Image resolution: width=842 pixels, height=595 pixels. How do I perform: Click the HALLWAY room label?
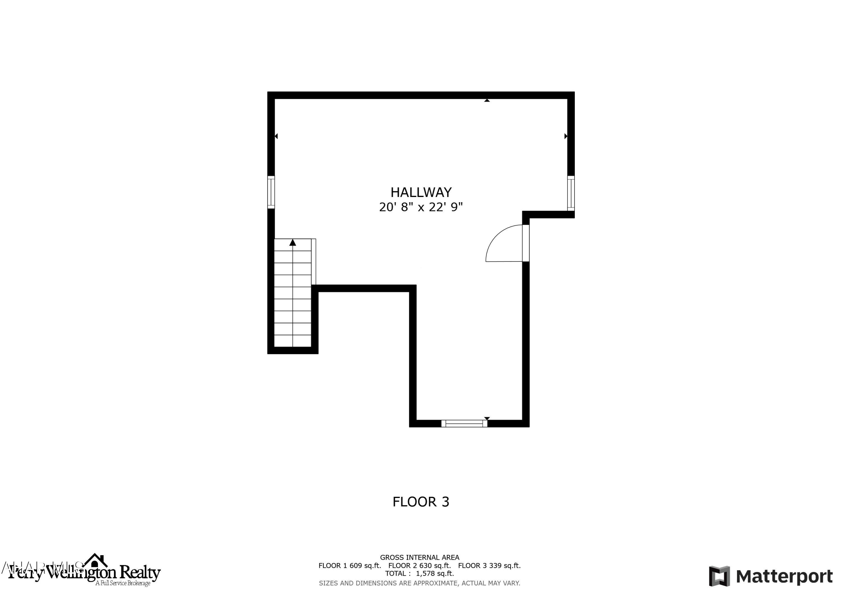421,192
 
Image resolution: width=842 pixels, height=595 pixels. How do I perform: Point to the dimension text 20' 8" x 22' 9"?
421,208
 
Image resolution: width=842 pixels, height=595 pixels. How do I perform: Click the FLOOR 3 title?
421,502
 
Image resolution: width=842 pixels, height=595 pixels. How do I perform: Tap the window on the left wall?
271,192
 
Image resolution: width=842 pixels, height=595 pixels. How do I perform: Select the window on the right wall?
571,193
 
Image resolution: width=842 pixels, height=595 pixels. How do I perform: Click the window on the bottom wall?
464,423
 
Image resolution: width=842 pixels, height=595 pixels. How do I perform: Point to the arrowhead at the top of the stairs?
293,243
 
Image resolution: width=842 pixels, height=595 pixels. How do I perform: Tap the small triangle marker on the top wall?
487,100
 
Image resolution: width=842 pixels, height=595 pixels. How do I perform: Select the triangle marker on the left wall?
276,136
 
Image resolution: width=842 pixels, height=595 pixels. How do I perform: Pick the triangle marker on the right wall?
566,136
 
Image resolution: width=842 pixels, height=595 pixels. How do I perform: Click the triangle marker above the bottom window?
487,418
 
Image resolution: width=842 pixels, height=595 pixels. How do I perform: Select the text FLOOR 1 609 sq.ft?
349,566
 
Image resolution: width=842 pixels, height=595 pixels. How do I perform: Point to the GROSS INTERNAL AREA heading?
420,558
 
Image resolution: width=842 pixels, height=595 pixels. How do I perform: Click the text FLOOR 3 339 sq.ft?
489,566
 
